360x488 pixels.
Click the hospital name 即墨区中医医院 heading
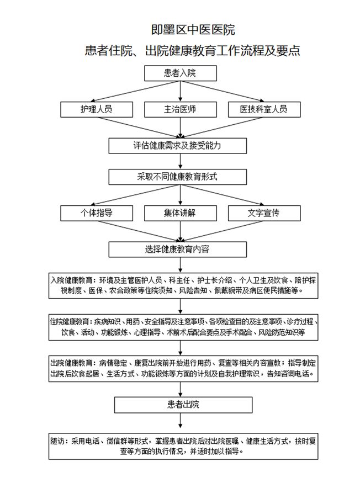click(193, 30)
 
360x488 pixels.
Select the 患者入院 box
click(181, 73)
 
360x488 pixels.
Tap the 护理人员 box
click(97, 109)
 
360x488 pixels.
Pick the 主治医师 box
click(181, 109)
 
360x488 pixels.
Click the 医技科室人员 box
click(264, 109)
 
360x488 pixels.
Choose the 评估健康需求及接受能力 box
click(177, 146)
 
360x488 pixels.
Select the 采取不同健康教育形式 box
click(177, 177)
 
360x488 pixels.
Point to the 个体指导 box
click(97, 213)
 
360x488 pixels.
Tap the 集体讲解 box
click(181, 213)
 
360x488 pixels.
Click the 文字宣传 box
click(264, 213)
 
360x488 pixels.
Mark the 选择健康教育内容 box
click(177, 250)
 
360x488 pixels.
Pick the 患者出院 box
click(183, 405)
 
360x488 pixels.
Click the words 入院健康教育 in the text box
click(71, 280)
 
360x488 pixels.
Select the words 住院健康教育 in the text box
click(70, 321)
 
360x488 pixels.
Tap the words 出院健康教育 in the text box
click(71, 363)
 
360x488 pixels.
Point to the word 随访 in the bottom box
click(57, 441)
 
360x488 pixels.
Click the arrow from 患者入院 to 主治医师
click(181, 91)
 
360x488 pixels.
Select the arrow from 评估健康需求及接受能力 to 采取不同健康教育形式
click(181, 161)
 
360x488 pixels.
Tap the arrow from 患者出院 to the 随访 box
click(181, 421)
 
